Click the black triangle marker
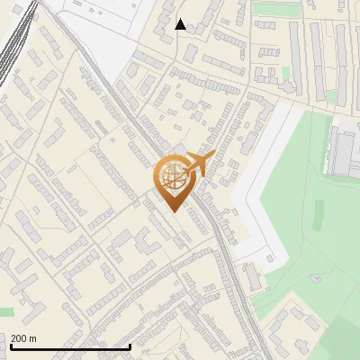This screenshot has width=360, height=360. coord(181,24)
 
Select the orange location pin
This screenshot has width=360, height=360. coord(176,180)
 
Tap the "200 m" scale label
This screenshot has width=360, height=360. coord(24,338)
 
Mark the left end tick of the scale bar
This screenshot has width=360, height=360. coord(11,346)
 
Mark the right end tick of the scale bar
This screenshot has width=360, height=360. coord(130,346)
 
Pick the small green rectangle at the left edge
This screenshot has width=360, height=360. coord(6,311)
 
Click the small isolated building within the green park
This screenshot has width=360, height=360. coord(316,278)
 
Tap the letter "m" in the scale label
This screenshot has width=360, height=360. coord(33,338)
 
